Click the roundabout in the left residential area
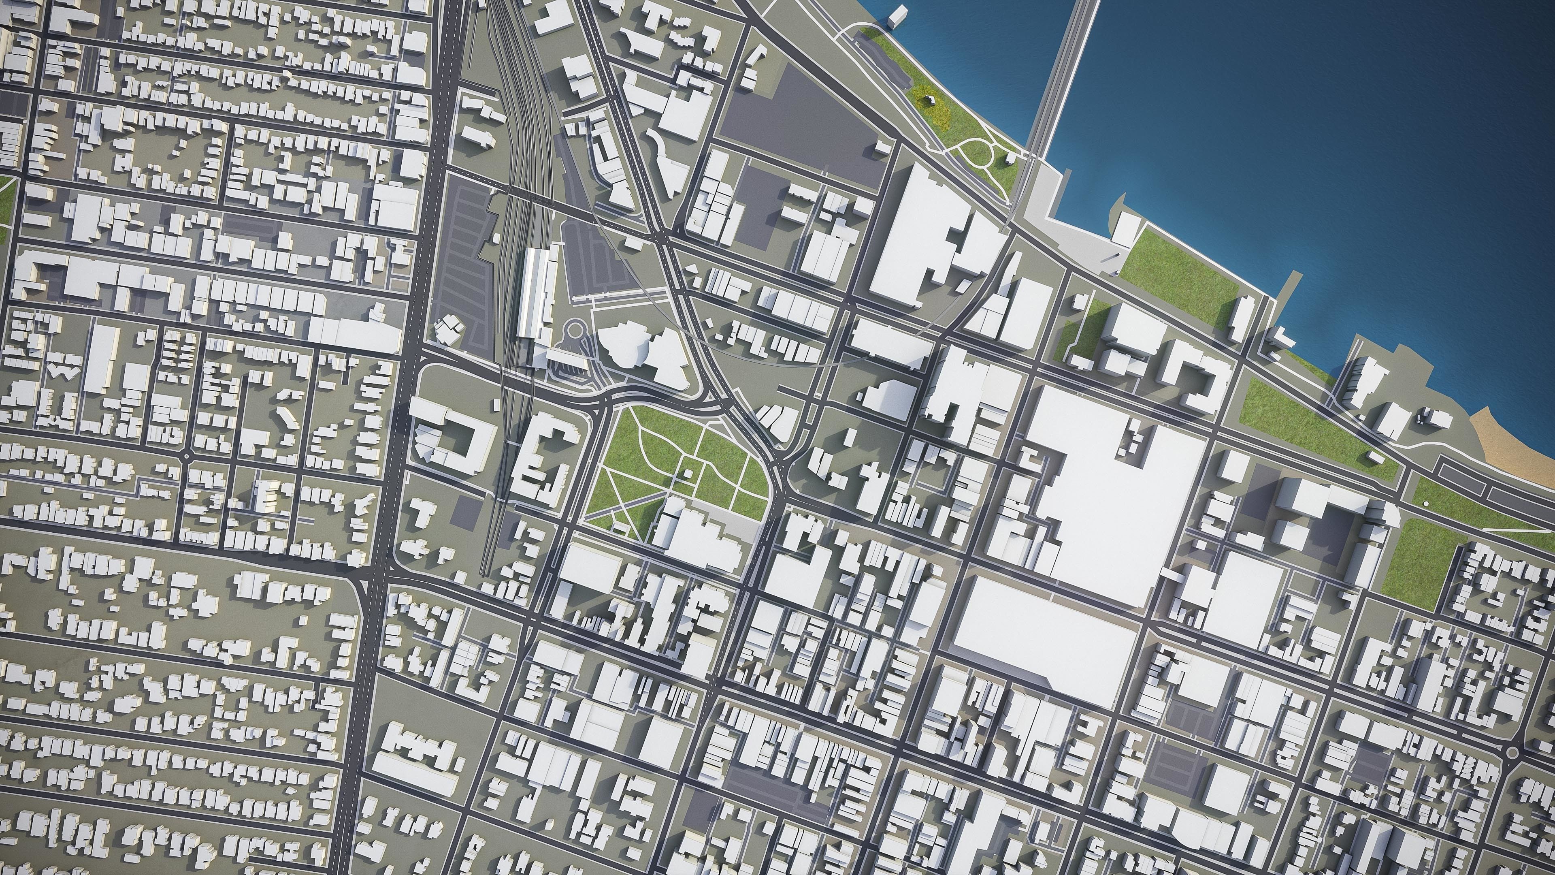187,457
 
